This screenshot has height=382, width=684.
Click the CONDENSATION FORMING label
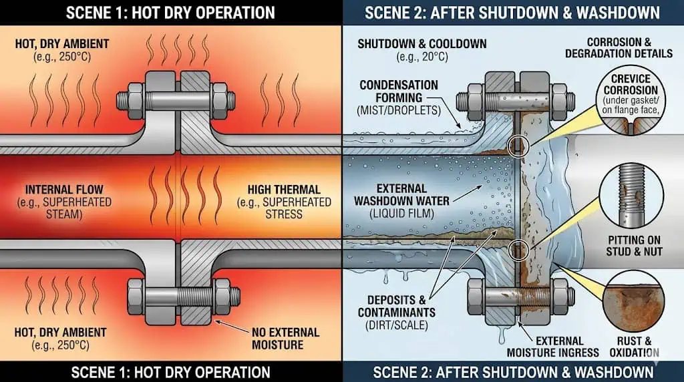[399, 91]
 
